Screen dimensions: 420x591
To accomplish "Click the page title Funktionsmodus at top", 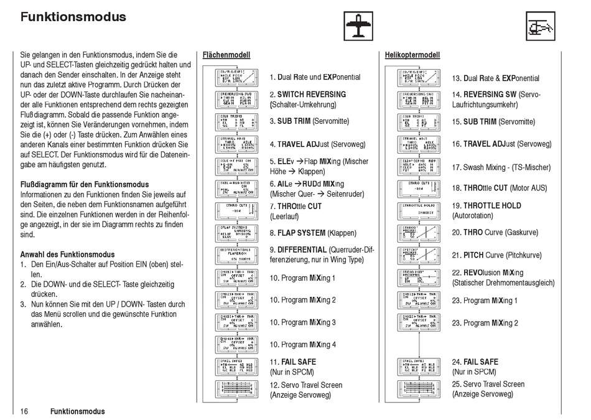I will pyautogui.click(x=73, y=17).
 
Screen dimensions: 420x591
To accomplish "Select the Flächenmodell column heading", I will pyautogui.click(x=226, y=55).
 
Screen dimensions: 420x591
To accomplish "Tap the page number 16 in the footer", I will pyautogui.click(x=25, y=411).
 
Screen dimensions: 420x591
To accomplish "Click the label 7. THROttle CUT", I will pyautogui.click(x=295, y=207).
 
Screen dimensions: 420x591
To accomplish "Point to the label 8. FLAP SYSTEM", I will pyautogui.click(x=305, y=233).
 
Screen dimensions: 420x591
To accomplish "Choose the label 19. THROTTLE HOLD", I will pyautogui.click(x=486, y=206).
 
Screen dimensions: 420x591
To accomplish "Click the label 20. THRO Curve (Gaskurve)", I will pyautogui.click(x=496, y=233).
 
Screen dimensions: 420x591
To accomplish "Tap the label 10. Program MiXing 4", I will pyautogui.click(x=302, y=345).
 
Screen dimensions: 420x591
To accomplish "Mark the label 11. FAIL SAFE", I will pyautogui.click(x=292, y=362).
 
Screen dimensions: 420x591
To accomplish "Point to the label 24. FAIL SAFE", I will pyautogui.click(x=475, y=362).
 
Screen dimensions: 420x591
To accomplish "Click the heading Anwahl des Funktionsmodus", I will pyautogui.click(x=68, y=254).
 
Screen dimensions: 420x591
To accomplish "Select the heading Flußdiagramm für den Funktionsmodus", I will pyautogui.click(x=85, y=184).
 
